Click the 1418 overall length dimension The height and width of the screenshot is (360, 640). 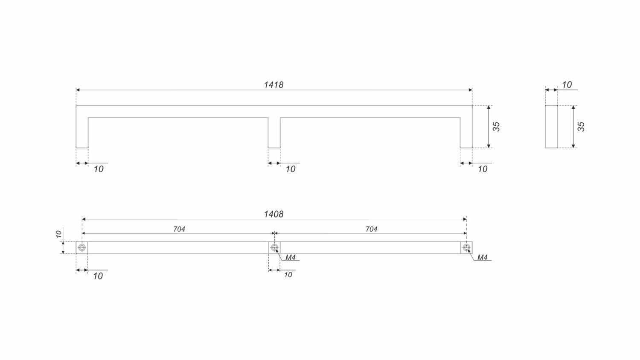pyautogui.click(x=273, y=85)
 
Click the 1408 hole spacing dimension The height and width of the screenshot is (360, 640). pyautogui.click(x=273, y=214)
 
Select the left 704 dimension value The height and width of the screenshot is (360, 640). pyautogui.click(x=179, y=229)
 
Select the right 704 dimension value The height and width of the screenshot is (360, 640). pyautogui.click(x=372, y=229)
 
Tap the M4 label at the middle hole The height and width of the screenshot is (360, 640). pyautogui.click(x=290, y=258)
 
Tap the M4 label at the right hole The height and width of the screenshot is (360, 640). pyautogui.click(x=482, y=258)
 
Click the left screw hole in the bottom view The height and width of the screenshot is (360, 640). pyautogui.click(x=82, y=247)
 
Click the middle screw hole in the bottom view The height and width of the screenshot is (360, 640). pyautogui.click(x=274, y=247)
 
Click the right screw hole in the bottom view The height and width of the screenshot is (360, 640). pyautogui.click(x=466, y=247)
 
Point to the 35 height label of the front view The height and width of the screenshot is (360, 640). pyautogui.click(x=496, y=127)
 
